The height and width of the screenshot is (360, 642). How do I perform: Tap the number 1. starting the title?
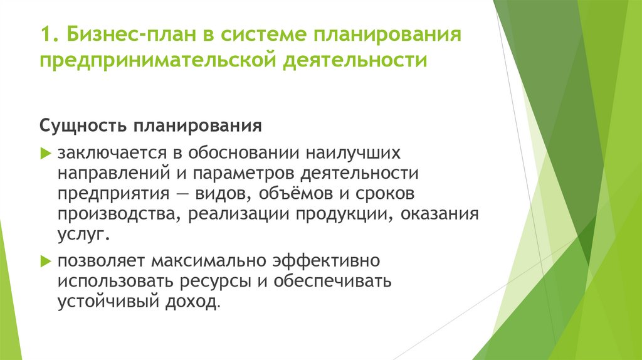(x=47, y=33)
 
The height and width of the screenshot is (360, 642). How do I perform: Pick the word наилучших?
(x=344, y=153)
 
